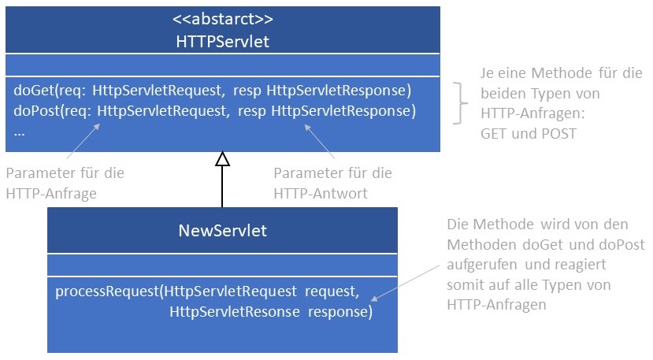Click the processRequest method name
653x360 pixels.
tap(107, 292)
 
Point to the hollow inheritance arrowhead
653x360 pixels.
tap(222, 159)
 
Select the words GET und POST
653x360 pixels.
tap(528, 134)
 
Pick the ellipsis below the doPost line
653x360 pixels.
tap(20, 131)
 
